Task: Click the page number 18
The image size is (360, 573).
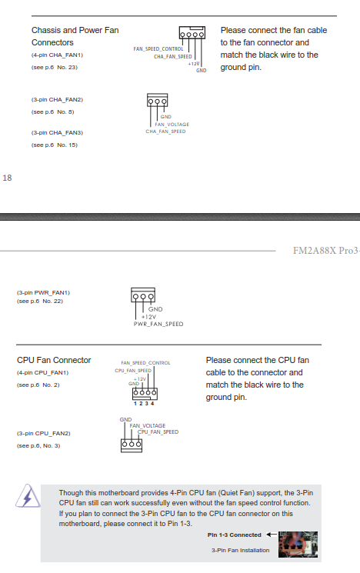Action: [x=8, y=178]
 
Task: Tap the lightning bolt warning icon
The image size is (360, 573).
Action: [x=28, y=496]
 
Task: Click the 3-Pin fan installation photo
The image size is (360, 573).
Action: [x=298, y=545]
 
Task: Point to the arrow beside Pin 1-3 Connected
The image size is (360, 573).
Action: [x=272, y=535]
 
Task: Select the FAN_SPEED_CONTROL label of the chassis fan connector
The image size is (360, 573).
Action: [x=158, y=49]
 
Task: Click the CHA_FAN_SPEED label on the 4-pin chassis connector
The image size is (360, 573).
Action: [x=173, y=57]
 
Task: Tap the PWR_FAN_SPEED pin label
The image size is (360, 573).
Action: [x=158, y=324]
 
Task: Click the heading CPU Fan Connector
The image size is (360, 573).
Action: [x=54, y=360]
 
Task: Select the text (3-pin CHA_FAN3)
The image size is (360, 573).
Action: [x=57, y=132]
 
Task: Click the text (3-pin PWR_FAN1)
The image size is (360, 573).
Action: [x=43, y=293]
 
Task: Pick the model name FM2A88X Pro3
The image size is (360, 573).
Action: [x=325, y=251]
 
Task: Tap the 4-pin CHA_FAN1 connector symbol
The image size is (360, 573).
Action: [x=192, y=33]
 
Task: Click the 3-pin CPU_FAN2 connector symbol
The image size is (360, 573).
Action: [x=132, y=445]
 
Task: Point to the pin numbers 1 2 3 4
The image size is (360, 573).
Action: [x=144, y=404]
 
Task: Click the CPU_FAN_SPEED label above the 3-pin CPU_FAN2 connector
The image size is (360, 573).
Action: [x=158, y=432]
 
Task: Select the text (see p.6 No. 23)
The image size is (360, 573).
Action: [x=55, y=67]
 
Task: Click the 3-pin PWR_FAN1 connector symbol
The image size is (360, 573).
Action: [x=143, y=295]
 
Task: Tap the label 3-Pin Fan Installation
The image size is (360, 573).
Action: [x=240, y=551]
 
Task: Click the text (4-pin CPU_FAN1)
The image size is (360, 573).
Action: [x=42, y=373]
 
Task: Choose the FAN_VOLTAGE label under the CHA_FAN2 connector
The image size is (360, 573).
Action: [x=172, y=125]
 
